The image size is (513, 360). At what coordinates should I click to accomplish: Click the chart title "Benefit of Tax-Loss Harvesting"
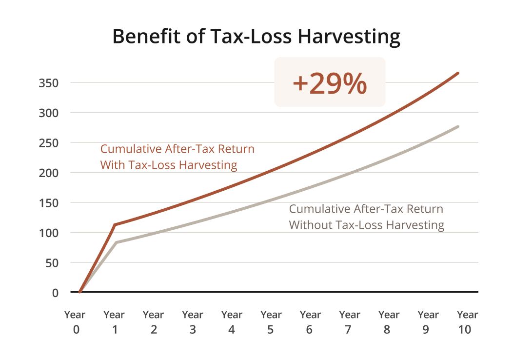pyautogui.click(x=256, y=37)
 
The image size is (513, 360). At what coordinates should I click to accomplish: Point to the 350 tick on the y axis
pyautogui.click(x=48, y=83)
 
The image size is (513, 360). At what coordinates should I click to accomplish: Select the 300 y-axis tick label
pyautogui.click(x=48, y=113)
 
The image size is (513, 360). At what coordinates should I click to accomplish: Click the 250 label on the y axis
pyautogui.click(x=48, y=143)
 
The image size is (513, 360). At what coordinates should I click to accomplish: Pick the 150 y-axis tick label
pyautogui.click(x=48, y=203)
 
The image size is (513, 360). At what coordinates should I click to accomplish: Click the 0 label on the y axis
pyautogui.click(x=55, y=293)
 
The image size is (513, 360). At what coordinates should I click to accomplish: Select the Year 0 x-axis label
pyautogui.click(x=75, y=322)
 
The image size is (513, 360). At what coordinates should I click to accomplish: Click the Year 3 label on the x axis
pyautogui.click(x=193, y=322)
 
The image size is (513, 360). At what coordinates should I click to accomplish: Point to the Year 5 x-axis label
pyautogui.click(x=271, y=322)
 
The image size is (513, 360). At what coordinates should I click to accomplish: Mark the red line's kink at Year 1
pyautogui.click(x=114, y=224)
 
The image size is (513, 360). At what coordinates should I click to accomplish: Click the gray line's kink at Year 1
pyautogui.click(x=116, y=242)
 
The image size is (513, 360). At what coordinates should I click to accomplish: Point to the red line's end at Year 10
pyautogui.click(x=458, y=73)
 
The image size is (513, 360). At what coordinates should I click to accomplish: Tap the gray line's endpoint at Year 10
pyautogui.click(x=458, y=127)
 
